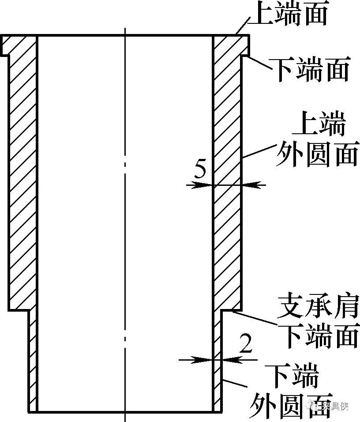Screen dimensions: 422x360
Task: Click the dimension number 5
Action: [200, 170]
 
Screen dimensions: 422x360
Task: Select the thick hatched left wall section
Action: [22, 177]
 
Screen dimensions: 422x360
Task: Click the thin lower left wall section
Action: [33, 362]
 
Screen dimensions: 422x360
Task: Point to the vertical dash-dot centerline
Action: [125, 221]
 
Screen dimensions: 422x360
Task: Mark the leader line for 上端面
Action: [243, 26]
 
